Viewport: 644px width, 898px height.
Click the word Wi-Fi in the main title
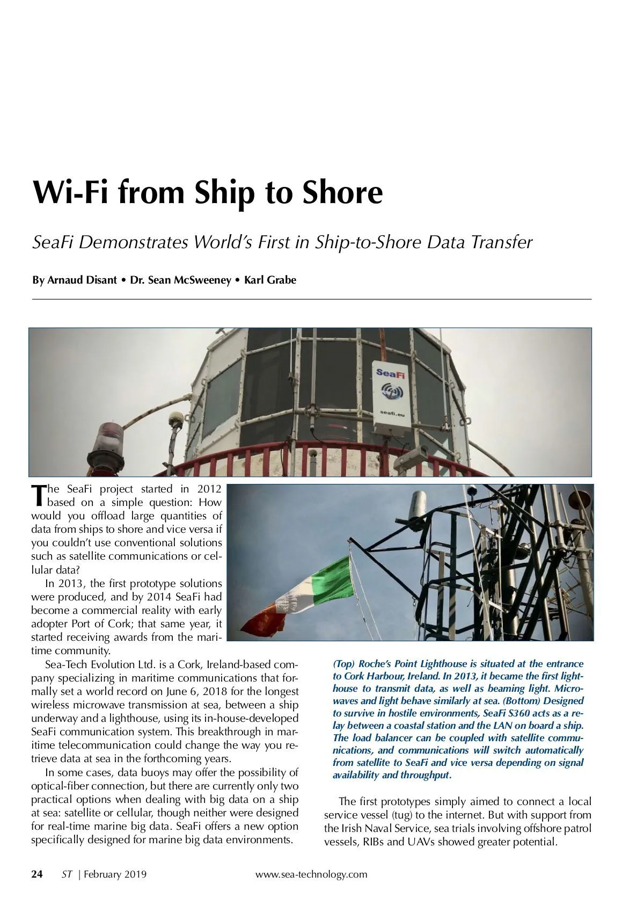pos(71,192)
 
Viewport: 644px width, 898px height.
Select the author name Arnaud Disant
pos(82,280)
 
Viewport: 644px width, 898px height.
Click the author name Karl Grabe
pos(270,280)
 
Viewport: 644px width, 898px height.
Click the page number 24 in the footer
pos(37,874)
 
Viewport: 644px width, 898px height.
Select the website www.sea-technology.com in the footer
pos(311,874)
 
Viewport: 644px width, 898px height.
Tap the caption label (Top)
pos(343,664)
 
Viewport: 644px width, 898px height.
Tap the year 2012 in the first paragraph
pos(209,489)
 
